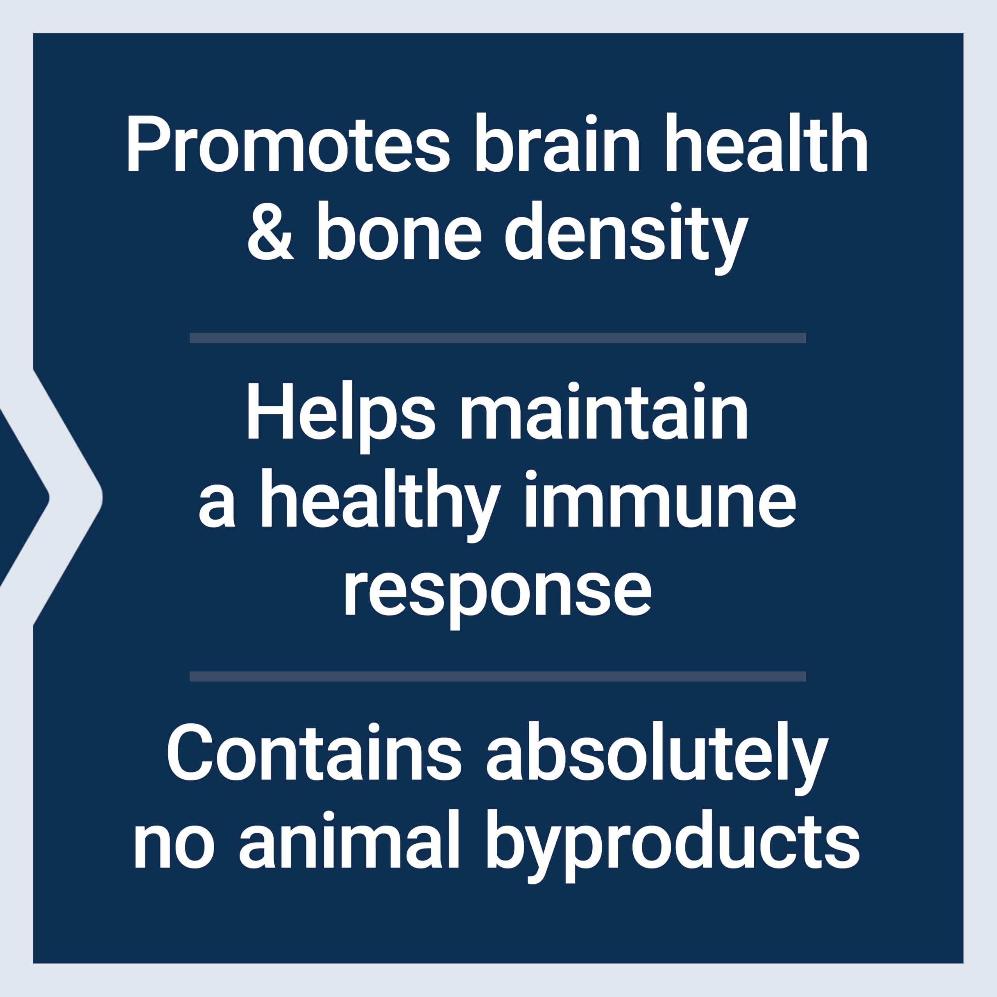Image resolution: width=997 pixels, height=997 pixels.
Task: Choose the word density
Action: tap(625, 238)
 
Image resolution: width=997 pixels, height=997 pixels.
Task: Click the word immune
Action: tap(659, 500)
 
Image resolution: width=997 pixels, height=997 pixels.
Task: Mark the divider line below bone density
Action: tap(497, 338)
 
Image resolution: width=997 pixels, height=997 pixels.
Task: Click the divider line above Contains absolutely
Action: tap(497, 676)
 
